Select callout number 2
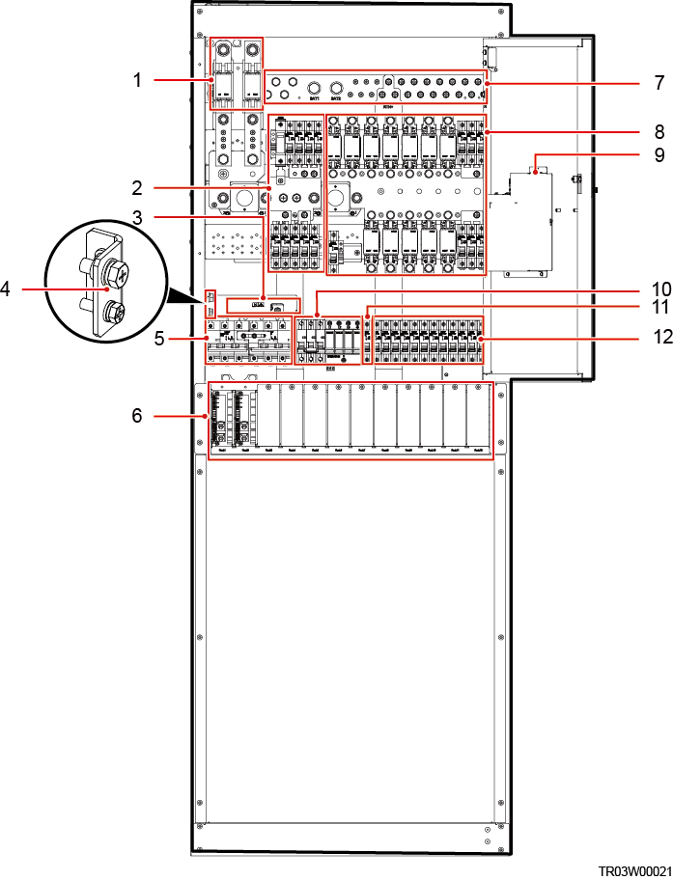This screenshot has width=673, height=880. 137,186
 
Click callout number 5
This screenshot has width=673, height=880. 137,340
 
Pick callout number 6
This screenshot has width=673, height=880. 137,415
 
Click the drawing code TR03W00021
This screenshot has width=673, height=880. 633,869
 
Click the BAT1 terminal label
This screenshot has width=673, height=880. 313,98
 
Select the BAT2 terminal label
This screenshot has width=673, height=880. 336,98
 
